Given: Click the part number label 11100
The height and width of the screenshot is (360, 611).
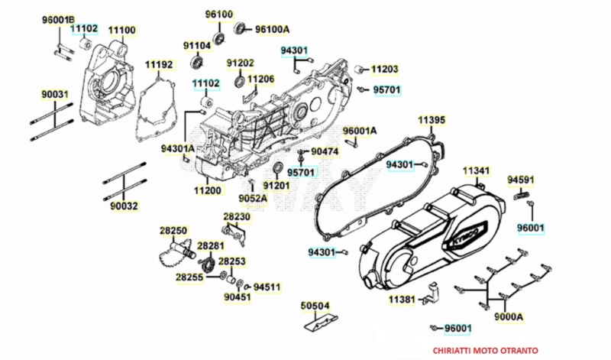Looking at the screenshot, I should (121, 30).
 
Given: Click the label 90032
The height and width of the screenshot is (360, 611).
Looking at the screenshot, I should (124, 206).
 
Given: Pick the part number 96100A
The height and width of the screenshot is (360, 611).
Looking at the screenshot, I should (273, 29).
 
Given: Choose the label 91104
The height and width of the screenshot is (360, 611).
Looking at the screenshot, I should (197, 45).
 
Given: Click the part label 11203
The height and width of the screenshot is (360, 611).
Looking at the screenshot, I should (385, 69).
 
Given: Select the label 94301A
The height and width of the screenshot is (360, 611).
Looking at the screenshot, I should (178, 148).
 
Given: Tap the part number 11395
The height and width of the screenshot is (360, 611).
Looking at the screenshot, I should (432, 120).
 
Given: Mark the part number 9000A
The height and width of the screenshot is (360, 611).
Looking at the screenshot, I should (508, 316).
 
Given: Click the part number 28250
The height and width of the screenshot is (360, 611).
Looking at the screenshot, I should (173, 230).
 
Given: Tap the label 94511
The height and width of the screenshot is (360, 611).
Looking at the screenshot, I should (267, 287).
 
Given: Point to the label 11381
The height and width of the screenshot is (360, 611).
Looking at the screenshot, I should (402, 298).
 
